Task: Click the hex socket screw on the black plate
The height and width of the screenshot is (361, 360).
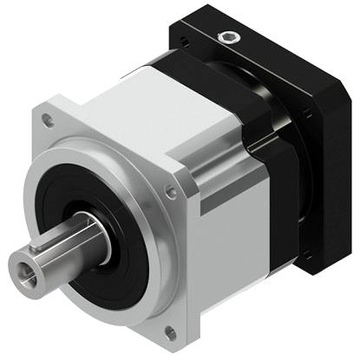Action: (x=229, y=36)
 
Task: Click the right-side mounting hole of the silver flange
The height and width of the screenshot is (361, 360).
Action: (x=173, y=193)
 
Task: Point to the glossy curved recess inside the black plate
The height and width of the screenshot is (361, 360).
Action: (x=260, y=95)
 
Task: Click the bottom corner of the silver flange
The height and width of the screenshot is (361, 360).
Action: (x=173, y=344)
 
